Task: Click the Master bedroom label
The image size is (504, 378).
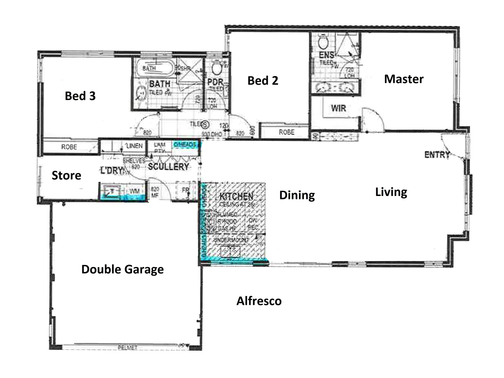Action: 404,79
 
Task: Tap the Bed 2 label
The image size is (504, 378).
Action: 262,80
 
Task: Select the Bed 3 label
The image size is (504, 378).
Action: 80,96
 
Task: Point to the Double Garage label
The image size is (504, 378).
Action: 122,269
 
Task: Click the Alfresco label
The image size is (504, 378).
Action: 259,301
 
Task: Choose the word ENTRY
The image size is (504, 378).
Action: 437,154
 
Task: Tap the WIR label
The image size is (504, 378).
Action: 338,108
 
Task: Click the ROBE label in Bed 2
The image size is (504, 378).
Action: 286,132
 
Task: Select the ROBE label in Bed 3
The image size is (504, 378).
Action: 69,147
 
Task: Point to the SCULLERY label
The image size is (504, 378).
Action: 168,167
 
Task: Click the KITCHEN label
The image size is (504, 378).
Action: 236,196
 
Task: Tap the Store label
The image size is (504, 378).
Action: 66,175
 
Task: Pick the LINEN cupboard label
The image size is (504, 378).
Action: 134,146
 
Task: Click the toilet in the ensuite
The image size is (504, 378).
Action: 323,42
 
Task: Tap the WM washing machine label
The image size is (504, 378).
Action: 134,191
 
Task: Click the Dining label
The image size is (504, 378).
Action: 297,195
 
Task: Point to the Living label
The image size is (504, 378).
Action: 391,192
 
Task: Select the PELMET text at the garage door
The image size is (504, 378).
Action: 127,348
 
